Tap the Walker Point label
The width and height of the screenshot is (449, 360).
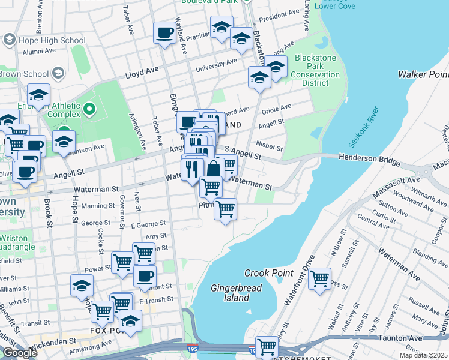(423, 74)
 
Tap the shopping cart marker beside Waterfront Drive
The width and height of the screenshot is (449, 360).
(319, 279)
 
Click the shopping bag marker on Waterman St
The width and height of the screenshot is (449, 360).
(213, 169)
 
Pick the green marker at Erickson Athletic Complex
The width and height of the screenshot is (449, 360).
(89, 109)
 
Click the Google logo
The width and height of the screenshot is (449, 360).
(20, 353)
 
